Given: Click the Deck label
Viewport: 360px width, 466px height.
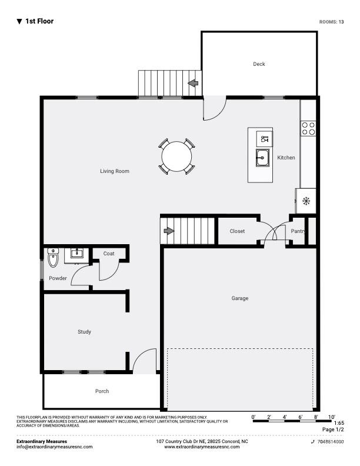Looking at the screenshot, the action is (259, 64).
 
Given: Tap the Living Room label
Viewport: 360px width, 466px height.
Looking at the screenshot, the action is (114, 171).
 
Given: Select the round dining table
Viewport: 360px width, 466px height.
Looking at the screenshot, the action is (176, 157).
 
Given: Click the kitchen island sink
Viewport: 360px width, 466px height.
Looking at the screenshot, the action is (262, 158).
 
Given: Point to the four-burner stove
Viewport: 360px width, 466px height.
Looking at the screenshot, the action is (308, 129).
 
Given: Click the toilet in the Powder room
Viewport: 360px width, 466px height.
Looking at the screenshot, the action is (53, 258).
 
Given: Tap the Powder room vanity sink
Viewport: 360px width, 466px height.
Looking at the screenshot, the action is (77, 254).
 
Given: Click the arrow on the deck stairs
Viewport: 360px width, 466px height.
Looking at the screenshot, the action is (194, 83).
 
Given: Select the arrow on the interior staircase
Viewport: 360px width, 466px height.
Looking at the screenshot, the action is (169, 231).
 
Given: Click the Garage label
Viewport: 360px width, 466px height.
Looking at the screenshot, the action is (239, 298).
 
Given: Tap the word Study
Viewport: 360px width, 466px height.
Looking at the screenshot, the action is (84, 332).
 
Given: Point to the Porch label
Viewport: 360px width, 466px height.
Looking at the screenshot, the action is (102, 391).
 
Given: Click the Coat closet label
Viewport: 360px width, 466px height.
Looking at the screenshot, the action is (109, 254).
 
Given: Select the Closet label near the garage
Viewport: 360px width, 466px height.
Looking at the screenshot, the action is (237, 231).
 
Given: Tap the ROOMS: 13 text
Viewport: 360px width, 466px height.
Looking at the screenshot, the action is (332, 22).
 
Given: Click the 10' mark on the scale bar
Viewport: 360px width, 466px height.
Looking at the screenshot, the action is (332, 417).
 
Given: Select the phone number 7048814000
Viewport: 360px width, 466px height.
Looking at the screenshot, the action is (331, 442).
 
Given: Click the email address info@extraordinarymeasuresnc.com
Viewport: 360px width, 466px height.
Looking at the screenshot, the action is (54, 447).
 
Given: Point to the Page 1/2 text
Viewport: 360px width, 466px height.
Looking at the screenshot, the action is (333, 430).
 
